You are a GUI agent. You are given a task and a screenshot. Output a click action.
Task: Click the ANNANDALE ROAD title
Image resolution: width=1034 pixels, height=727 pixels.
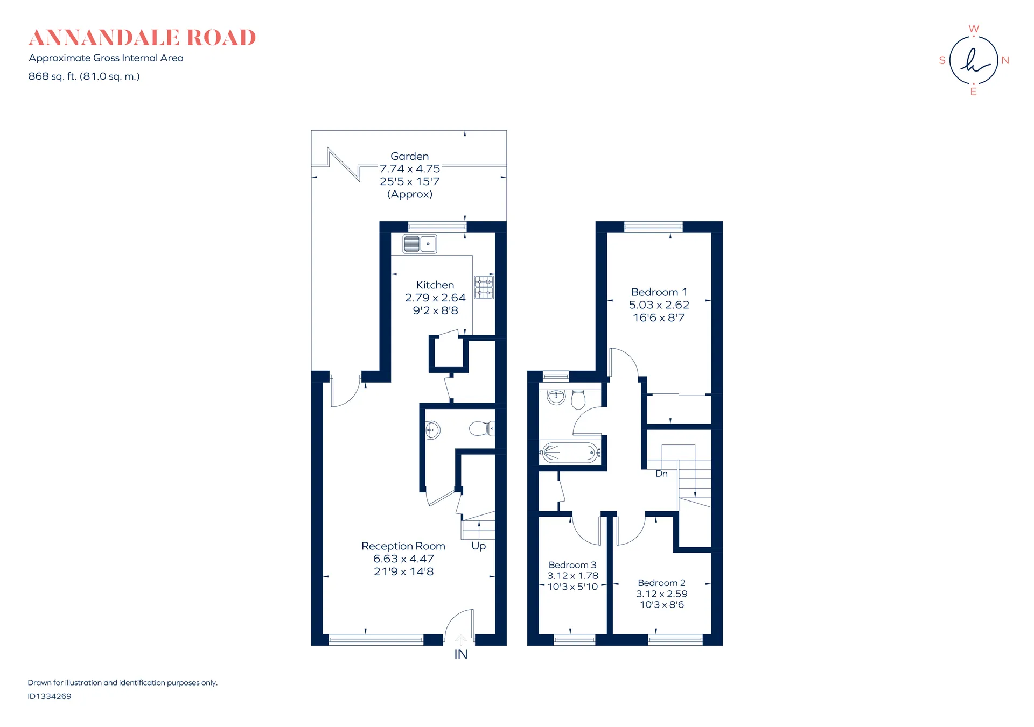[x=142, y=38]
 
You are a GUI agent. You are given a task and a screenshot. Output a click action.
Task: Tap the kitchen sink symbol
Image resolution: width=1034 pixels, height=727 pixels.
[x=420, y=244]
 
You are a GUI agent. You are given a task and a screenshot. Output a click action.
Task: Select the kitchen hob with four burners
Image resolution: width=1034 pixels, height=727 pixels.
[x=484, y=287]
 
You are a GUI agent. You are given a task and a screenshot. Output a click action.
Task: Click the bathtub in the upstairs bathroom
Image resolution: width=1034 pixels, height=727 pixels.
[x=570, y=453]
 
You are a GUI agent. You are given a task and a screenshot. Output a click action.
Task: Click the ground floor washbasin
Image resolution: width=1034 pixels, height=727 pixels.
[x=432, y=430]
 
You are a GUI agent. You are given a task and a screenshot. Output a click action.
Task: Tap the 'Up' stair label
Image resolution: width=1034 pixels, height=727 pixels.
[x=479, y=546]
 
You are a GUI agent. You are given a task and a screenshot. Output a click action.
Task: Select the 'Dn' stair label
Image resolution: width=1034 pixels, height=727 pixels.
[x=661, y=474]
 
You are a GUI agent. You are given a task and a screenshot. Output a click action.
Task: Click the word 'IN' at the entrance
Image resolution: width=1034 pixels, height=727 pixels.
[x=461, y=654]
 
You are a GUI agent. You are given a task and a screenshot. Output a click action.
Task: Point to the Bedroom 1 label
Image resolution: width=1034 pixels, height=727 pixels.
[x=659, y=292]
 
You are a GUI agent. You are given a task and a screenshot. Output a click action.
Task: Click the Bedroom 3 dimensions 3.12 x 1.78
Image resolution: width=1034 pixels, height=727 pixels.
[x=573, y=576]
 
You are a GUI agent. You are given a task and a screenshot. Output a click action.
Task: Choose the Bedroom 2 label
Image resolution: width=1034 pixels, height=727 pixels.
[x=662, y=583]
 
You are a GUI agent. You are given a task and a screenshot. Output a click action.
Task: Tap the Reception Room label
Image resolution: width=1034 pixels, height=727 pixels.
[x=403, y=546]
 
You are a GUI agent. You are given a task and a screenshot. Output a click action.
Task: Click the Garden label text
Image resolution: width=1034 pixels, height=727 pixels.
[x=410, y=156]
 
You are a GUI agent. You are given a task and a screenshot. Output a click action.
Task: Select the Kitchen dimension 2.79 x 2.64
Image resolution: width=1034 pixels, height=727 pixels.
[x=435, y=298]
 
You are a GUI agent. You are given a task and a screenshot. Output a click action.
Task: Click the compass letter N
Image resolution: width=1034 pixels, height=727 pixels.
[x=1005, y=60]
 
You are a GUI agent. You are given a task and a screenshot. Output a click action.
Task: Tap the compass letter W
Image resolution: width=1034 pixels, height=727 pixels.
[x=974, y=29]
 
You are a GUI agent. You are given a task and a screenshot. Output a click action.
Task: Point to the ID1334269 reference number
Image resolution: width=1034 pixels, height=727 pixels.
[x=50, y=696]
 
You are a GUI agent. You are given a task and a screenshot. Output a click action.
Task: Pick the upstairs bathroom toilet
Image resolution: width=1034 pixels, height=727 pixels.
[x=578, y=399]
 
